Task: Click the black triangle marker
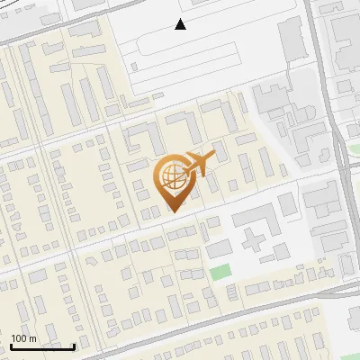tap(181, 24)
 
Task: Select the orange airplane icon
tap(201, 164)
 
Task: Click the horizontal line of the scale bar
tap(42, 346)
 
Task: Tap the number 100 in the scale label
tap(20, 338)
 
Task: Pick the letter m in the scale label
tap(33, 338)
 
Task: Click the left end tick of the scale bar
tap(11, 345)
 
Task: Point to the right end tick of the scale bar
tap(74, 345)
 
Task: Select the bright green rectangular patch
tap(220, 273)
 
